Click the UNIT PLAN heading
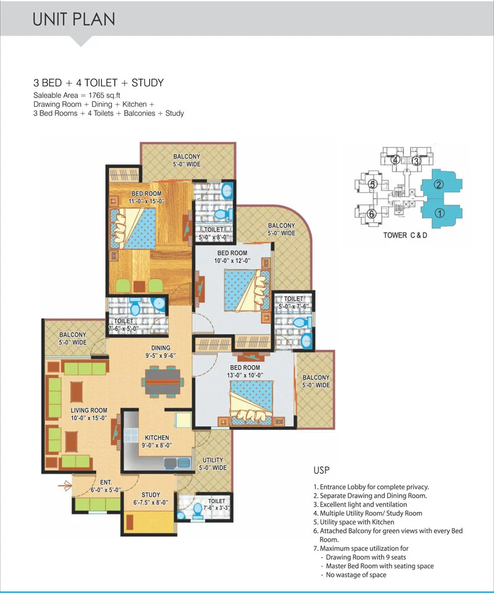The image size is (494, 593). (73, 19)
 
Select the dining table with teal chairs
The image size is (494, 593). (163, 382)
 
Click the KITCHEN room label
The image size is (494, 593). (157, 437)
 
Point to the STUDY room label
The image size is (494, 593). (151, 495)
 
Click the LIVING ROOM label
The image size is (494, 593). (89, 410)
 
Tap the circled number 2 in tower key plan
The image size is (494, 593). (438, 185)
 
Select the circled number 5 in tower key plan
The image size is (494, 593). (373, 185)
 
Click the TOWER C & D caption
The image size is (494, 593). (405, 235)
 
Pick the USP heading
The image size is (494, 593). (321, 470)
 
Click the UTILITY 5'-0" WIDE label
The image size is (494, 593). (213, 464)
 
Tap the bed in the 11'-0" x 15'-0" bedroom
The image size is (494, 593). (133, 228)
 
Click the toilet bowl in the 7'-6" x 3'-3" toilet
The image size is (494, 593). (198, 510)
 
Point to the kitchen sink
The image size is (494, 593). (177, 463)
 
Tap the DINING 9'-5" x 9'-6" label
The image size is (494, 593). (161, 351)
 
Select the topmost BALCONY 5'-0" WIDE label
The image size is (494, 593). (186, 161)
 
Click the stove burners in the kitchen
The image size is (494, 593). (131, 434)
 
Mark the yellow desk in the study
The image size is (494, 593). (149, 523)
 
